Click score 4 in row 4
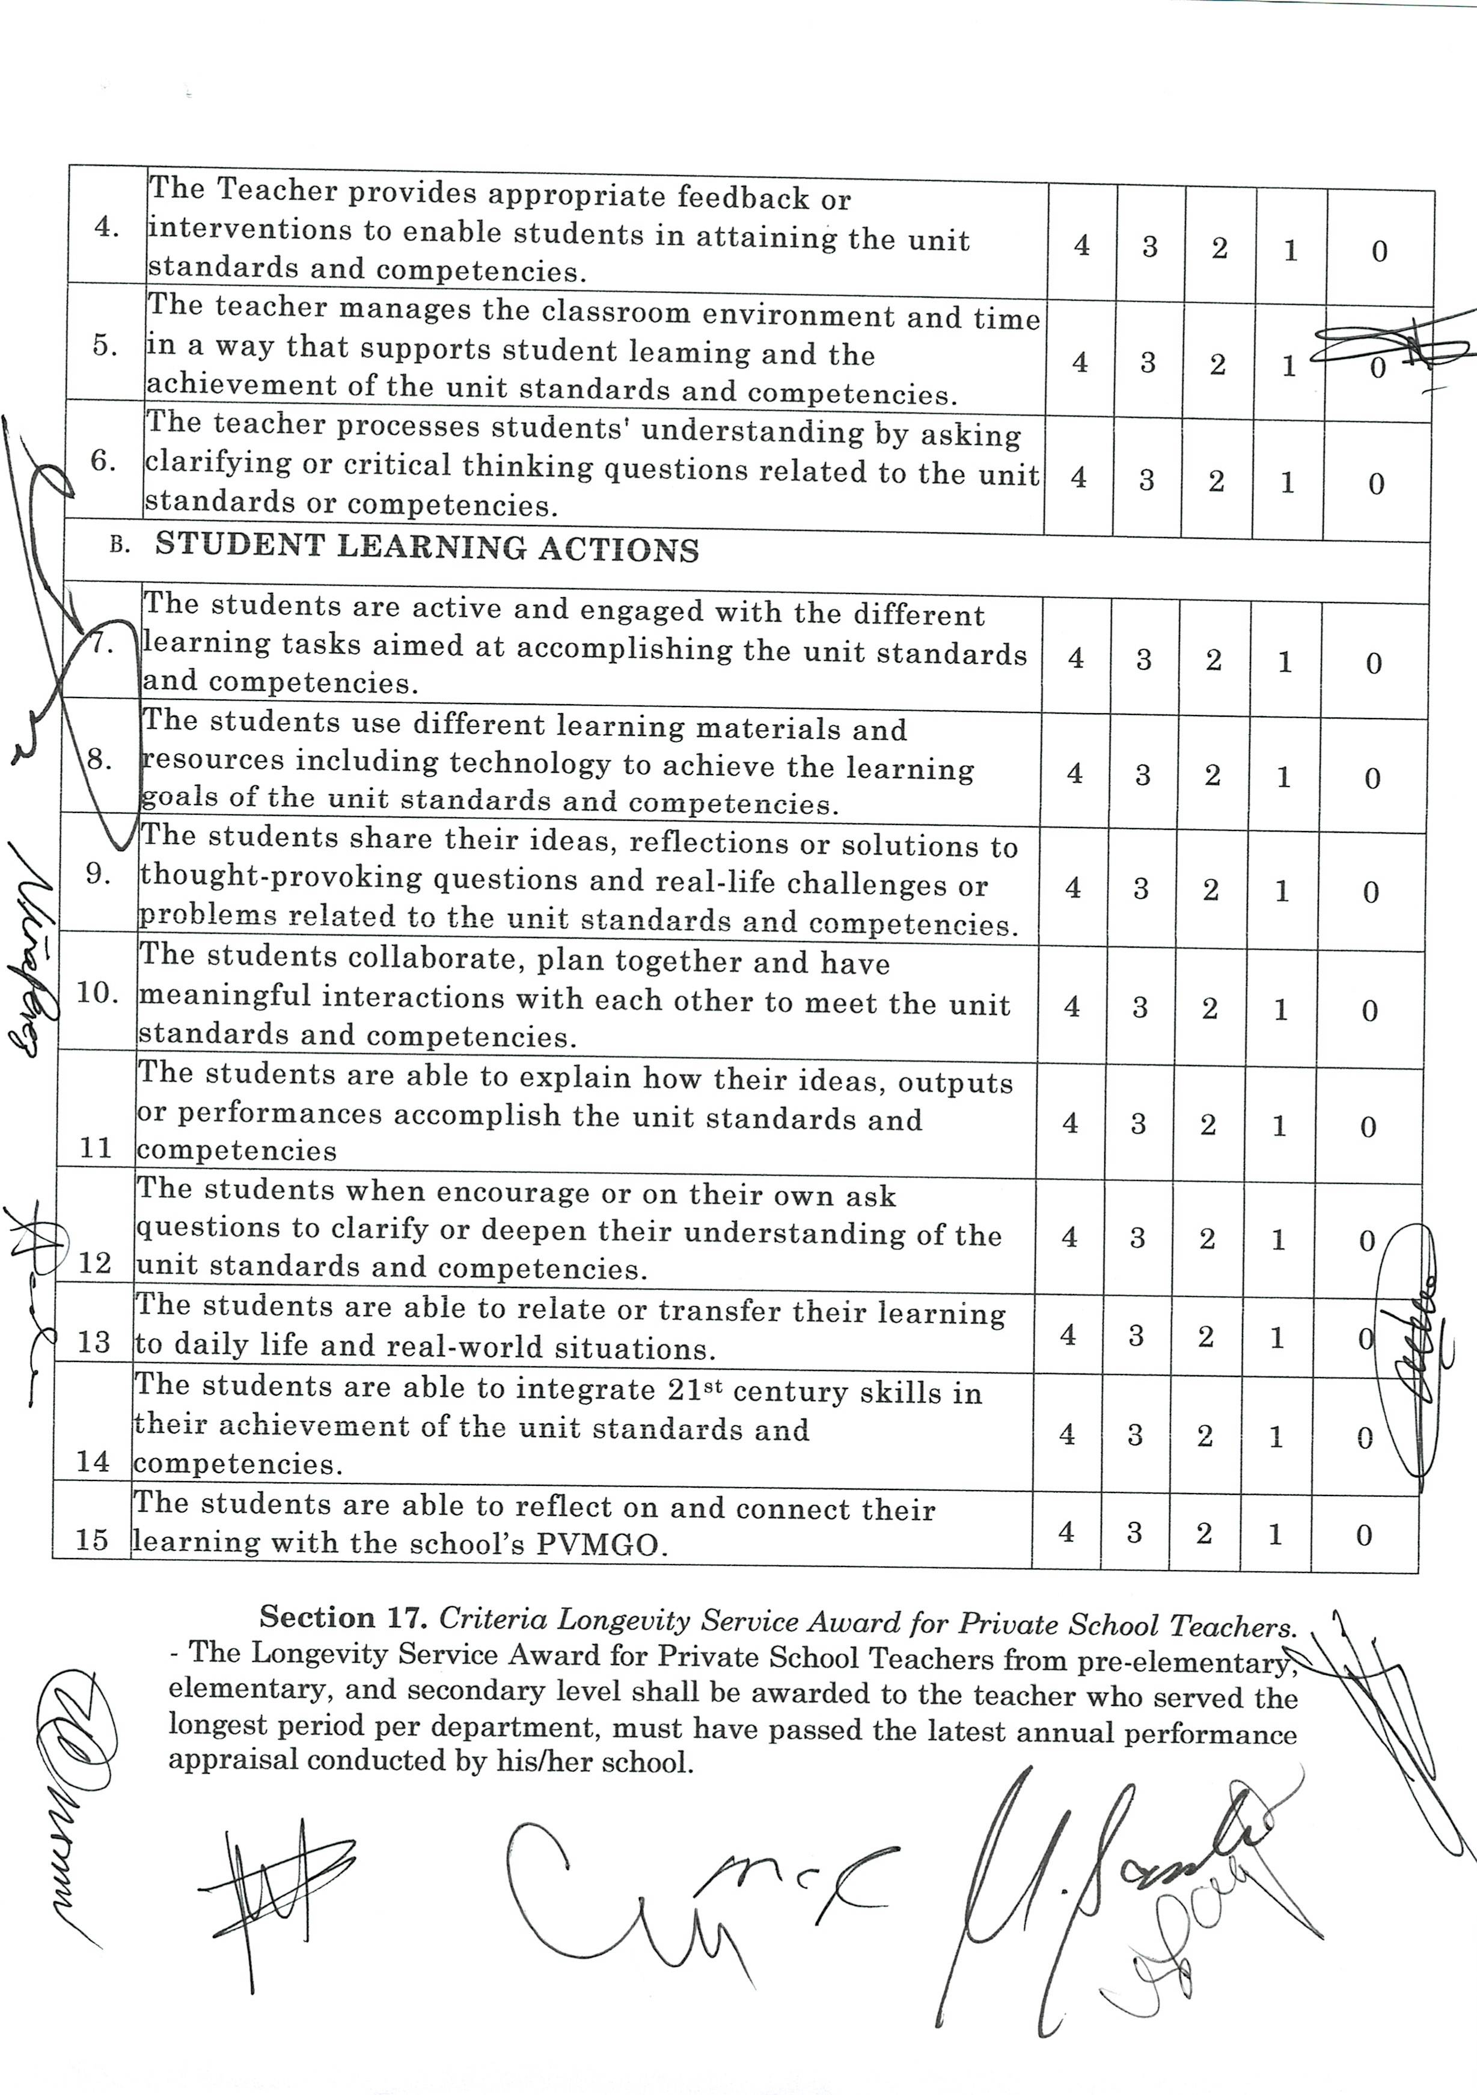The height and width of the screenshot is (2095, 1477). [1081, 245]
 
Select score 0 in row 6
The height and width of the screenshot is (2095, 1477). [1377, 483]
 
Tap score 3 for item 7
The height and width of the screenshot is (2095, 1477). [1144, 660]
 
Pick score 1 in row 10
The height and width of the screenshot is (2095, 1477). [1281, 1009]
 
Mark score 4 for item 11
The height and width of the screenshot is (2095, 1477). [1070, 1123]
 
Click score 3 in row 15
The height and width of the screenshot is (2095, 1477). [1134, 1532]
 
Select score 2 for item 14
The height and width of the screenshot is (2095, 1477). [1205, 1436]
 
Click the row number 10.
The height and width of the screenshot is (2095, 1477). [97, 993]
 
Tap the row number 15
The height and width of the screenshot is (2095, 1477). [92, 1540]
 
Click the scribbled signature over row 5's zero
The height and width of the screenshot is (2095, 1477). [1391, 351]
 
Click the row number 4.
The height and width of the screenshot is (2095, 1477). [108, 228]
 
